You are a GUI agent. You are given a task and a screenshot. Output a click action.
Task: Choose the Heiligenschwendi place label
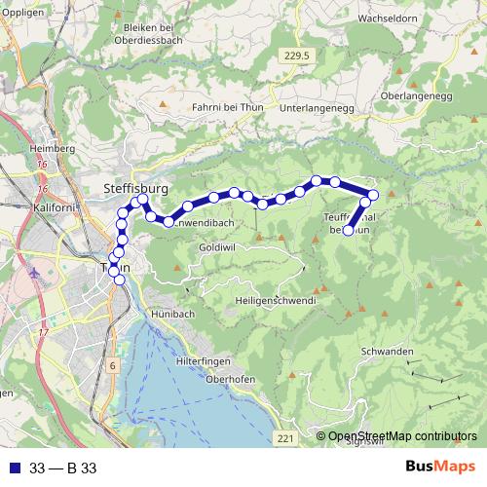[276, 302]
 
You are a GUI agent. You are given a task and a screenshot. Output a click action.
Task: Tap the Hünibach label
[172, 316]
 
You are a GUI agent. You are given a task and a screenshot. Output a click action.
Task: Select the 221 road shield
[283, 440]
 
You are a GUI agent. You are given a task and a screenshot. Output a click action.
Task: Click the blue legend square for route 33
[13, 468]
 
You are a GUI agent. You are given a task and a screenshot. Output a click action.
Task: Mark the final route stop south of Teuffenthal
[349, 230]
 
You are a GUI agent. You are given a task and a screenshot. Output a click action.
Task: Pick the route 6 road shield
[113, 365]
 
